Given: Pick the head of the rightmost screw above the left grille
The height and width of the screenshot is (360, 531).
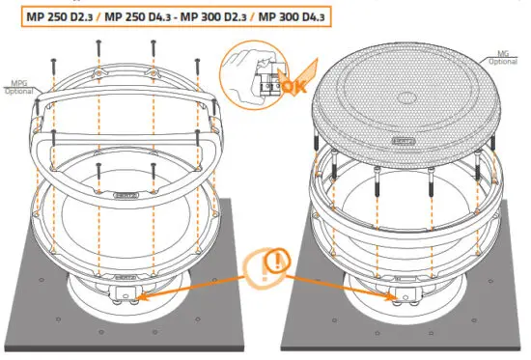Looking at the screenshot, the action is (x=199, y=63).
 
